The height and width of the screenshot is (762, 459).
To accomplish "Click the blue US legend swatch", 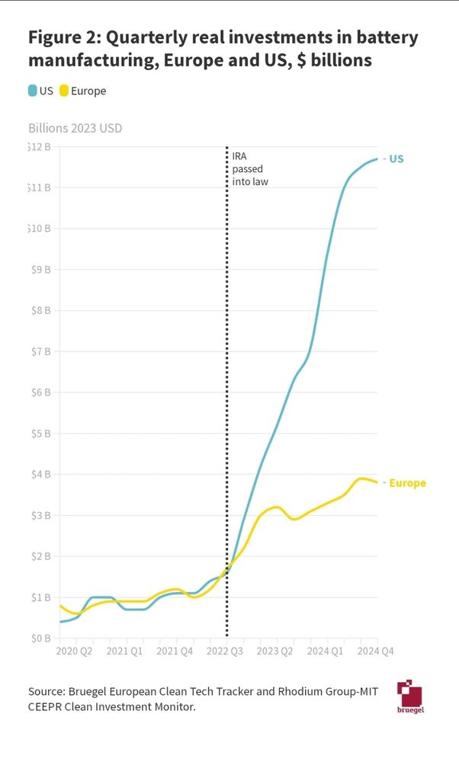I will coord(33,91).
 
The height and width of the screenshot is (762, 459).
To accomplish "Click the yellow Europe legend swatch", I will coord(65,91).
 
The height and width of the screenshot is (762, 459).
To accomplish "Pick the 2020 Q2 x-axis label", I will coord(75,652).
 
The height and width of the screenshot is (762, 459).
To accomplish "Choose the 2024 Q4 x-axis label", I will coord(376,652).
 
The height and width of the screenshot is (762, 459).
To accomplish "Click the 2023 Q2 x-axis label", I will coord(276,652).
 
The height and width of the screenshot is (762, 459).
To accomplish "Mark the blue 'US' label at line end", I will coord(396,159).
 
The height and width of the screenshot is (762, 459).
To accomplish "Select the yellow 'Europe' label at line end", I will coord(407,483).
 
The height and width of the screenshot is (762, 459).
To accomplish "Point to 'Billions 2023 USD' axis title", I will coord(75,128).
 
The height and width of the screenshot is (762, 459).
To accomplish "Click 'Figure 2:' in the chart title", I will coord(63,37).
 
